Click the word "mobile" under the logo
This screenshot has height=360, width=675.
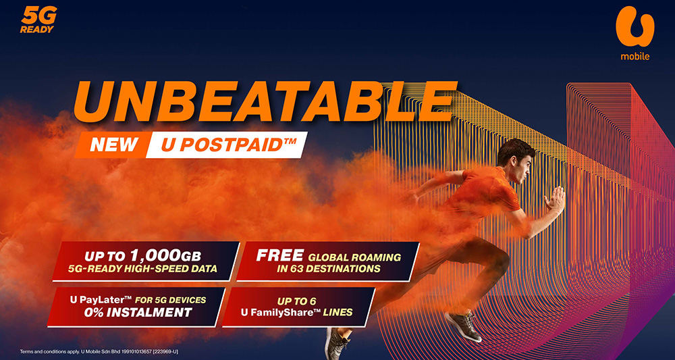coord(635,56)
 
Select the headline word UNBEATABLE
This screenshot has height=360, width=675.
coord(265,102)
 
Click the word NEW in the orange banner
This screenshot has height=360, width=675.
coord(114,145)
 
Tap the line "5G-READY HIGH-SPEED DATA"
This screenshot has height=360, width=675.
coord(142,269)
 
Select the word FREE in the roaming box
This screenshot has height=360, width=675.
coord(280,255)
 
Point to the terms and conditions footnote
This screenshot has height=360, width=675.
coord(99,351)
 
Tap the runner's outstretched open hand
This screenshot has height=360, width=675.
coord(556,200)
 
